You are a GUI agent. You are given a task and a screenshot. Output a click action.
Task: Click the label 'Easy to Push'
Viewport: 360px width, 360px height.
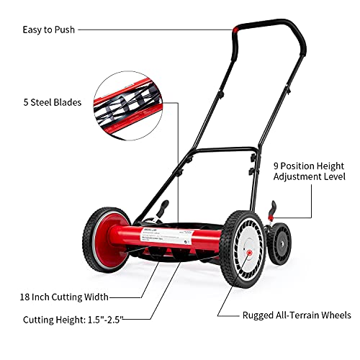pyautogui.click(x=48, y=30)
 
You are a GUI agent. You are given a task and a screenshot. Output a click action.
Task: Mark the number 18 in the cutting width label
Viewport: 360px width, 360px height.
pyautogui.click(x=27, y=297)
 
